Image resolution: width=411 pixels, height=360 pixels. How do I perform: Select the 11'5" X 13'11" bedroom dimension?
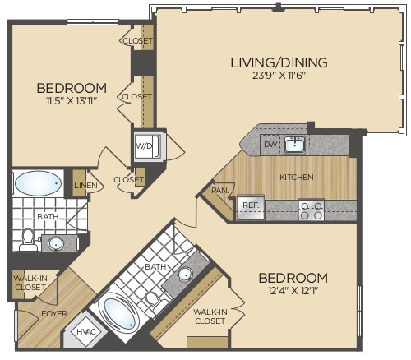(x=72, y=103)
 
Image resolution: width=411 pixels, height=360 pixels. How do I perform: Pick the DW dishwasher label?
(x=270, y=144)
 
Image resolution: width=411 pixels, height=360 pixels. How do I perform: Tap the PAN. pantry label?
(x=219, y=189)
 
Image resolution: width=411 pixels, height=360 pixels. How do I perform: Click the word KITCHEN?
(x=296, y=177)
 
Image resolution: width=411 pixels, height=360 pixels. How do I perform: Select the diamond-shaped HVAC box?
(x=86, y=331)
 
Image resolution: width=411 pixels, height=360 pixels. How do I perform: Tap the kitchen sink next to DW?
(x=294, y=145)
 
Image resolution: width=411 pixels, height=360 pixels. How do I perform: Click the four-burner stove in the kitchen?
(x=311, y=210)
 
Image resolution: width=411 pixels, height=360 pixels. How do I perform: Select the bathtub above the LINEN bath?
(x=38, y=181)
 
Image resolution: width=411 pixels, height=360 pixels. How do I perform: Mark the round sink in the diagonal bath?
(x=186, y=275)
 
